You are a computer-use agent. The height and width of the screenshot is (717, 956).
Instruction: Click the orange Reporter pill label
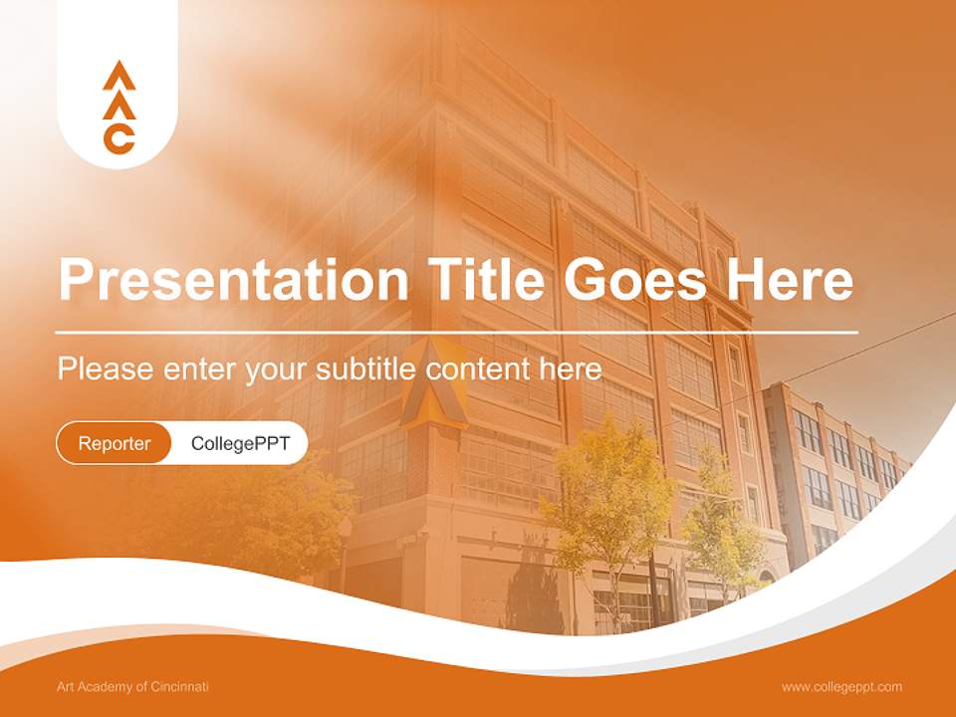(x=115, y=443)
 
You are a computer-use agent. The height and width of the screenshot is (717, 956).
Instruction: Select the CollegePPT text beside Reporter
(x=240, y=443)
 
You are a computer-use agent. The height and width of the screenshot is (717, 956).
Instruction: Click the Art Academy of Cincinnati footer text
(x=132, y=687)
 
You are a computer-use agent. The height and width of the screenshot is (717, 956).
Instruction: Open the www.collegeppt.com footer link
(x=841, y=687)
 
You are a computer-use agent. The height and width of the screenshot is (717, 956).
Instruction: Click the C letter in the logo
(x=119, y=139)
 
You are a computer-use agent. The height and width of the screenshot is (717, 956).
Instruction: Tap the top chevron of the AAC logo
(x=119, y=74)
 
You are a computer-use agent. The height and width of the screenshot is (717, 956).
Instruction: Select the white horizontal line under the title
(x=457, y=332)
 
